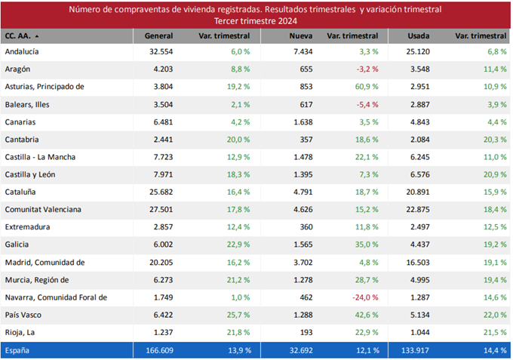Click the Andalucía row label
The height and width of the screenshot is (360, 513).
coord(22,51)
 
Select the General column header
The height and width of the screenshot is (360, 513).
coord(158,35)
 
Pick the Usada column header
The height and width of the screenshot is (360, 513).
coord(418,35)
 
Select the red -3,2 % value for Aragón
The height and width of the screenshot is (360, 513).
coord(366,69)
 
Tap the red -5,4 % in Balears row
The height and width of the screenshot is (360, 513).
coord(366,104)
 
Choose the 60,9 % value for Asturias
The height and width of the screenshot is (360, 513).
coord(365,87)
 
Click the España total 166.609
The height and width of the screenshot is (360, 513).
coord(158,351)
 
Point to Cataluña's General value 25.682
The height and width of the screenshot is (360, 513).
coord(161,192)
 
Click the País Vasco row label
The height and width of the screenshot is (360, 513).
coord(23,315)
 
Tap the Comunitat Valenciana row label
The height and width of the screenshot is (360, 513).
coord(43,210)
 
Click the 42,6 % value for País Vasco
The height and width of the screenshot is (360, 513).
coord(365,315)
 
